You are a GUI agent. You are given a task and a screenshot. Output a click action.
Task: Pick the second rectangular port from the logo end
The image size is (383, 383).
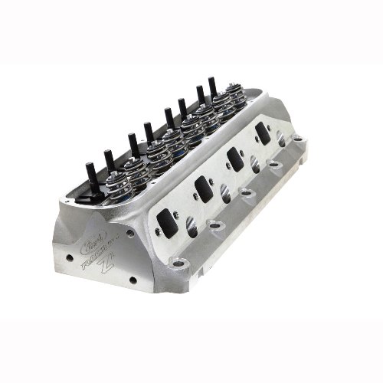203,186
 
